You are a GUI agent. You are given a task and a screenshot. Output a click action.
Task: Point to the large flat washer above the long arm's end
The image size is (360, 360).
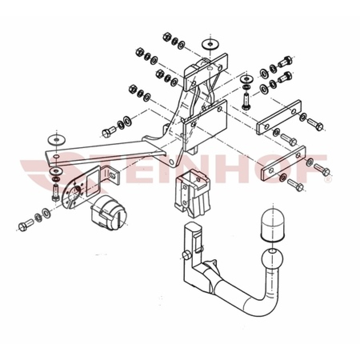tap(56, 139)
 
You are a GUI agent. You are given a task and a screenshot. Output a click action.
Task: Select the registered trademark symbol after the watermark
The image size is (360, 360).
tap(328, 180)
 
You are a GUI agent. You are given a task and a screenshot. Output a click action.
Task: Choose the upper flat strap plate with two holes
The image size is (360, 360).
tap(279, 116)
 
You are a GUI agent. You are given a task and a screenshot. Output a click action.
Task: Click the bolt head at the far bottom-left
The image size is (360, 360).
tap(23, 227)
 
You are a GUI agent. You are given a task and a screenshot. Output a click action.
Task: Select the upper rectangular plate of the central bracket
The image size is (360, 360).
tap(206, 72)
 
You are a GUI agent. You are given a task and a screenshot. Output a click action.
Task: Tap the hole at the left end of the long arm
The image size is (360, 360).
tap(57, 156)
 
